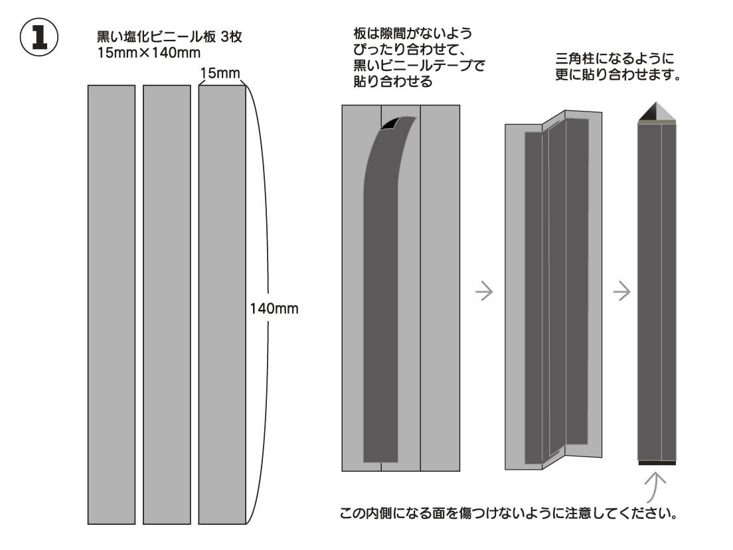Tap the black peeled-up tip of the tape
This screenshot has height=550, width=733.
click(x=392, y=123)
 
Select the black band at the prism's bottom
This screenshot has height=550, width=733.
click(x=657, y=462)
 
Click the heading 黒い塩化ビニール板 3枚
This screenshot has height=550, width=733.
click(x=169, y=38)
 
